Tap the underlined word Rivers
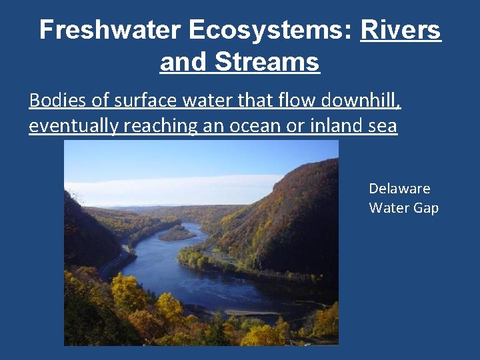(x=401, y=30)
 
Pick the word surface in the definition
(x=141, y=101)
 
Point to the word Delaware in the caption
(x=399, y=189)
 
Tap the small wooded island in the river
(x=176, y=233)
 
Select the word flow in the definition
(x=278, y=101)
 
